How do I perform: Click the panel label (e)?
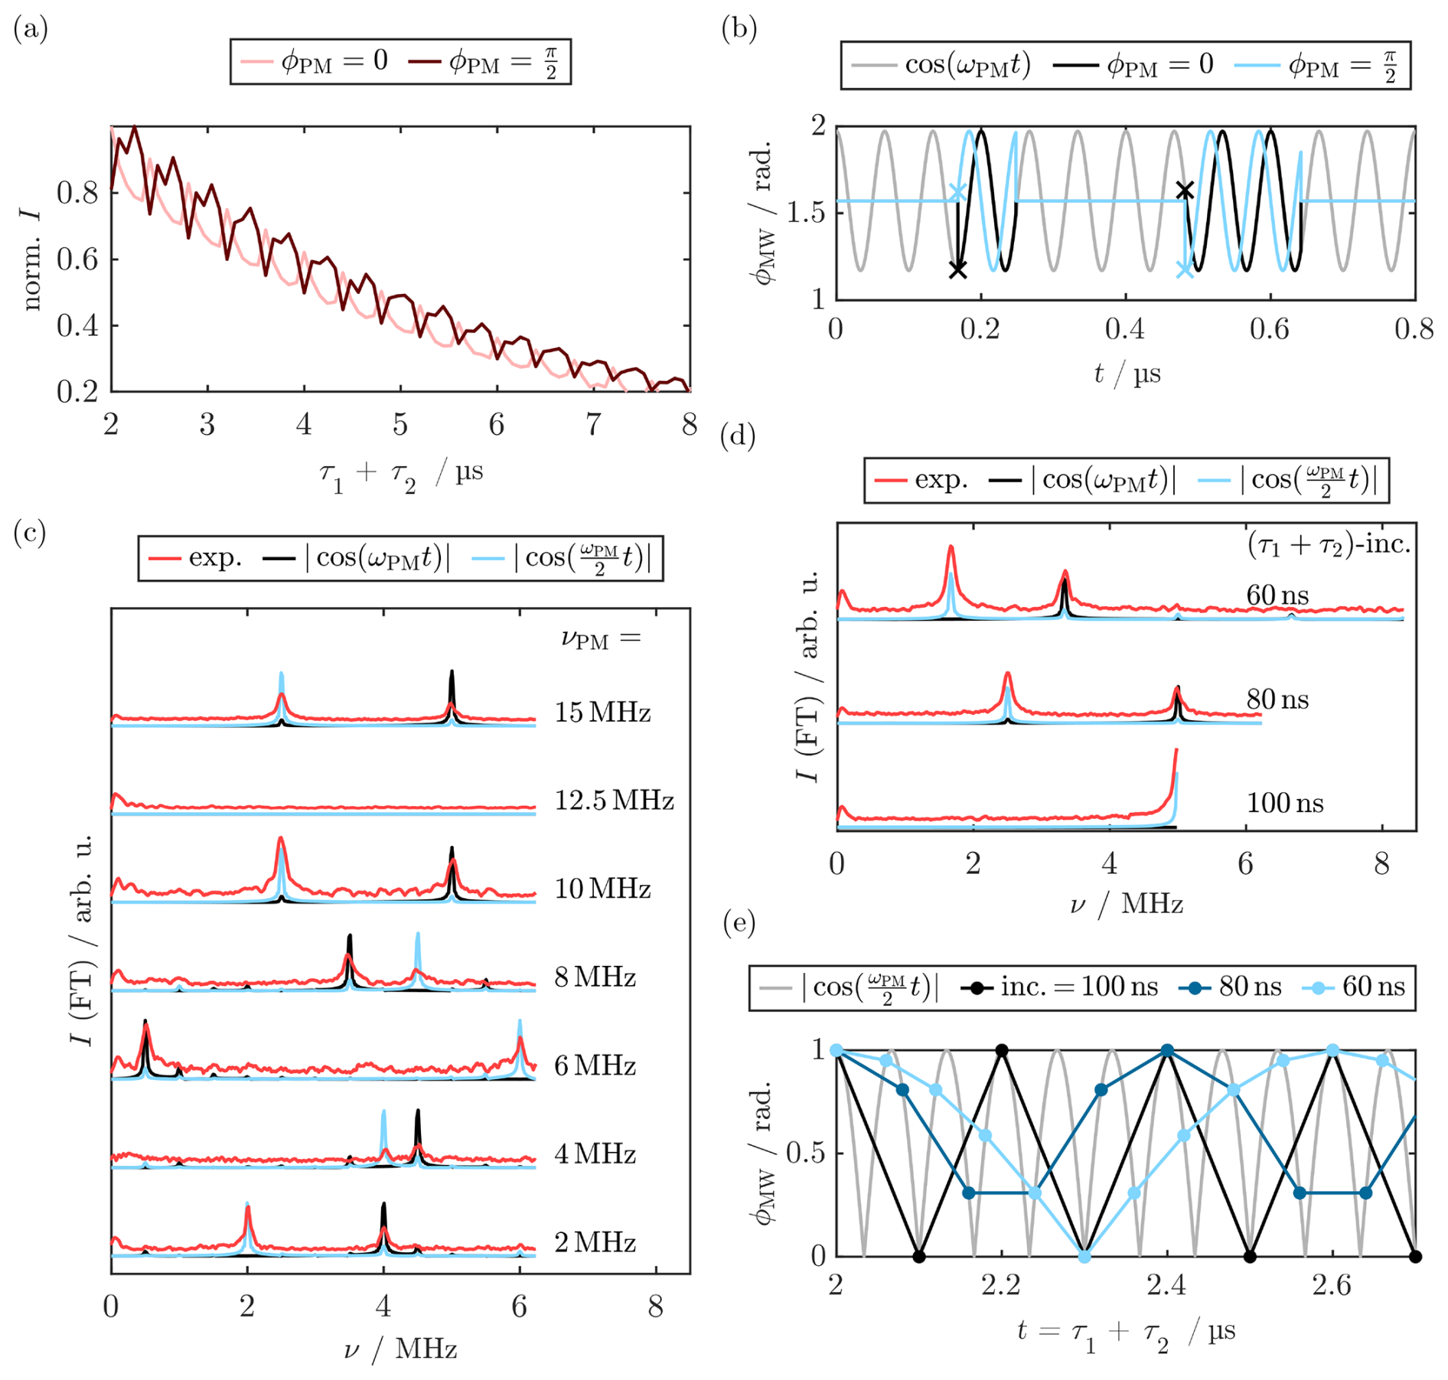[739, 923]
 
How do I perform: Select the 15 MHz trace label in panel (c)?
[602, 712]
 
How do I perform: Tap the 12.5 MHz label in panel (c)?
[614, 801]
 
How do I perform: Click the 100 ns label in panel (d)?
[1285, 802]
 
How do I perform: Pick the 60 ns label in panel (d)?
[1277, 595]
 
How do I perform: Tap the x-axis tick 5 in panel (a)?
[400, 424]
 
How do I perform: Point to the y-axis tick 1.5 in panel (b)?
[806, 212]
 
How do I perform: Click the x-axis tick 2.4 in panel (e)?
[1166, 1284]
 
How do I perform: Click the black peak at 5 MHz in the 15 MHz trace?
[452, 673]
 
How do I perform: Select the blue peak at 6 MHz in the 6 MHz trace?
[520, 1022]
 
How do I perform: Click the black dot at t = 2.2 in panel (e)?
[1001, 1050]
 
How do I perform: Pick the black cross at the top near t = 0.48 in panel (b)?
[1185, 190]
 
